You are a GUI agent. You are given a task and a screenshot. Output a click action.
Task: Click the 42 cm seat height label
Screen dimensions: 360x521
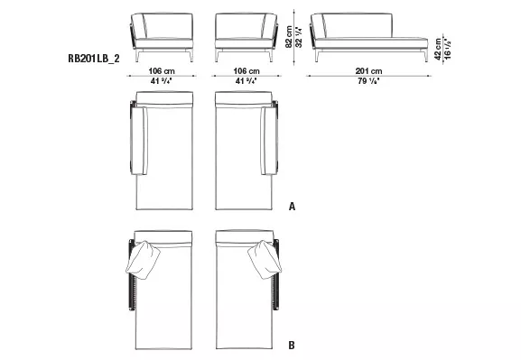(437, 48)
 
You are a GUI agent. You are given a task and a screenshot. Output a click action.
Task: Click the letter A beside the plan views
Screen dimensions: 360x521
(292, 207)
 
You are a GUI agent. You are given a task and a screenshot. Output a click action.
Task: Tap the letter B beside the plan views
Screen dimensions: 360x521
(292, 345)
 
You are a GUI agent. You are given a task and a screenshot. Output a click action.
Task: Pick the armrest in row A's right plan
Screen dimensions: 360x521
(267, 139)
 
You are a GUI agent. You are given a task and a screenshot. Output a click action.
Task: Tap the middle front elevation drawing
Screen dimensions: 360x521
(245, 34)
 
